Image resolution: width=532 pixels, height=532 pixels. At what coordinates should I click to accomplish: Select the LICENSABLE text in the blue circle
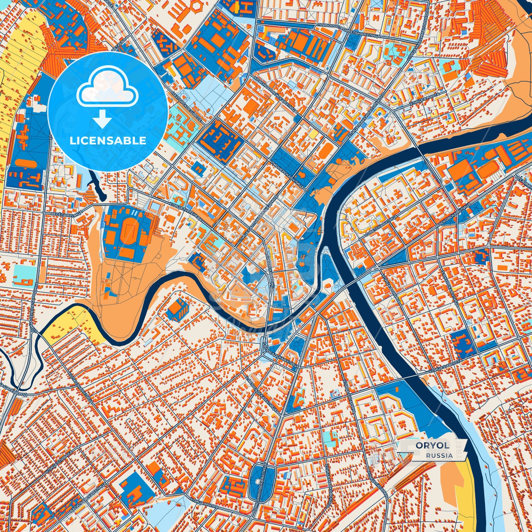click(x=108, y=141)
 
